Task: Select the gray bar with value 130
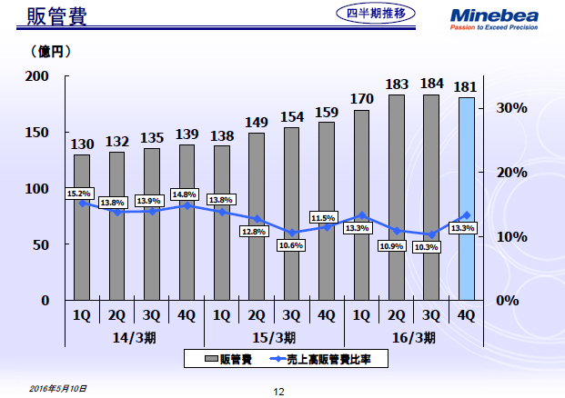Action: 82,227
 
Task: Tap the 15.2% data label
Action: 80,194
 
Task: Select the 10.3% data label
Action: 426,247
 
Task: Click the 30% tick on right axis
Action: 512,108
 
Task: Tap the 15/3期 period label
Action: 275,337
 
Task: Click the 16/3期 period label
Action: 415,337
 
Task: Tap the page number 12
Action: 279,391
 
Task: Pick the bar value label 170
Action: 361,98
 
